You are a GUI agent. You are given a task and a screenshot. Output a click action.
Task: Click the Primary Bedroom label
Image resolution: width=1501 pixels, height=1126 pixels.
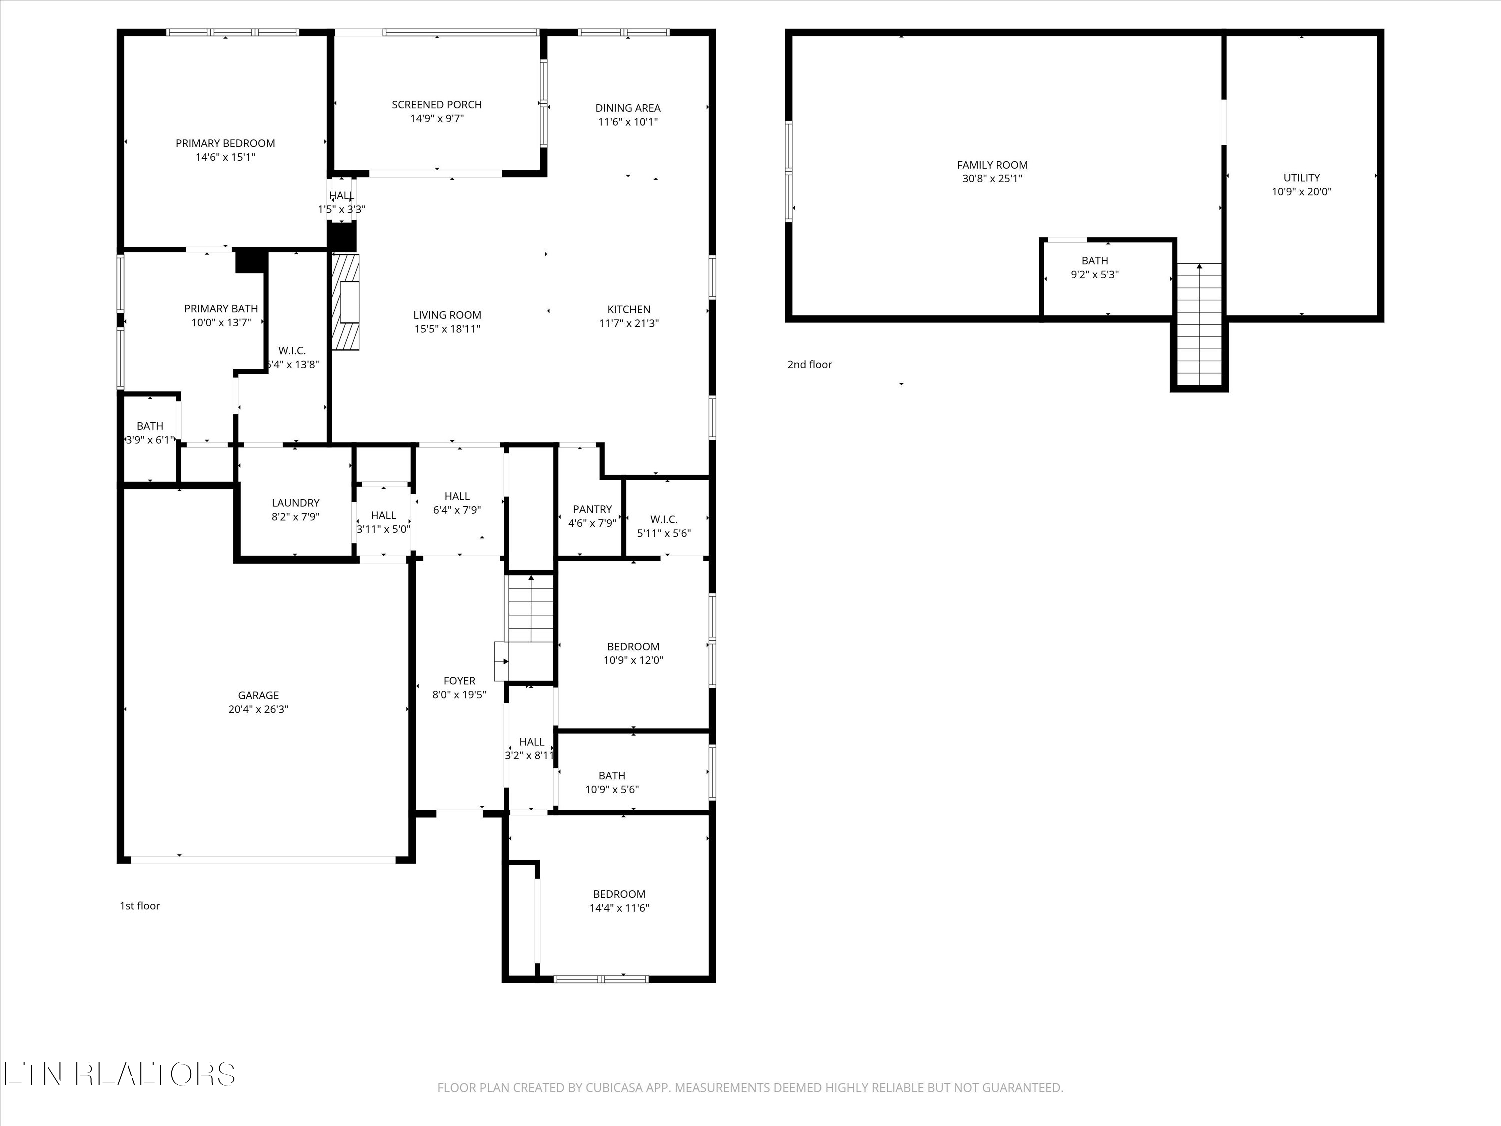(225, 143)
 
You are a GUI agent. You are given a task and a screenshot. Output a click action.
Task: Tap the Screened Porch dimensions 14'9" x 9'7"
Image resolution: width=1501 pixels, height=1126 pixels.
(436, 119)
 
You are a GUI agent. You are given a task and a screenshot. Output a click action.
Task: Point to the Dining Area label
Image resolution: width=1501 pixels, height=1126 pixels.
(628, 108)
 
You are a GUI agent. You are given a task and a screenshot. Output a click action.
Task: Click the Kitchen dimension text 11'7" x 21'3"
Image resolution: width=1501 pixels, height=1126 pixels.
(628, 324)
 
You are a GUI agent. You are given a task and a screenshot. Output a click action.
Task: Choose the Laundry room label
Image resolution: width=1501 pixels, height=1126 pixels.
(295, 503)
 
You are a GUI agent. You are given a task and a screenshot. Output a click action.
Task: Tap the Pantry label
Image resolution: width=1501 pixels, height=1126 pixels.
(592, 509)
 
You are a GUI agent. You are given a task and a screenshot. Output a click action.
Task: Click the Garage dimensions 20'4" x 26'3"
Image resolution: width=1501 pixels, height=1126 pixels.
(258, 709)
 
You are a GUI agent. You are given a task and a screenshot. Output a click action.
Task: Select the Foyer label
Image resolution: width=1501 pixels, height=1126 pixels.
(459, 680)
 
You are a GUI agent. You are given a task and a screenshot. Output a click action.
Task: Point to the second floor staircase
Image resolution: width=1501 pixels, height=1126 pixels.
(1199, 326)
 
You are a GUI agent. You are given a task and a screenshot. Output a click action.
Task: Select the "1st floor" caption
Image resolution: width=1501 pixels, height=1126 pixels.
(140, 905)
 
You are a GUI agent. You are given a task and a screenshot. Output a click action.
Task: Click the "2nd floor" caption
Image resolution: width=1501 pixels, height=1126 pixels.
(809, 364)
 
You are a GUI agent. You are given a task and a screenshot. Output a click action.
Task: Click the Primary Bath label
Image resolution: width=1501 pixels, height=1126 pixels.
(221, 309)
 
